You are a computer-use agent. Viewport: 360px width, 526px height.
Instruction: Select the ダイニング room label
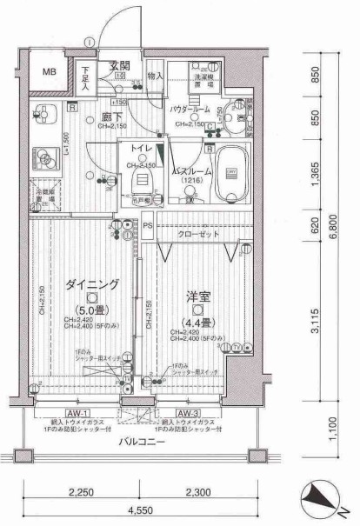91,284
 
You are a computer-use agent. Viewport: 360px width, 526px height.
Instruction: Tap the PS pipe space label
149,229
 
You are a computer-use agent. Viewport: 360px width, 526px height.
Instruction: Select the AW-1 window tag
78,413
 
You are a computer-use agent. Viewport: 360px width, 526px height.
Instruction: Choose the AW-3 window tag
188,413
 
